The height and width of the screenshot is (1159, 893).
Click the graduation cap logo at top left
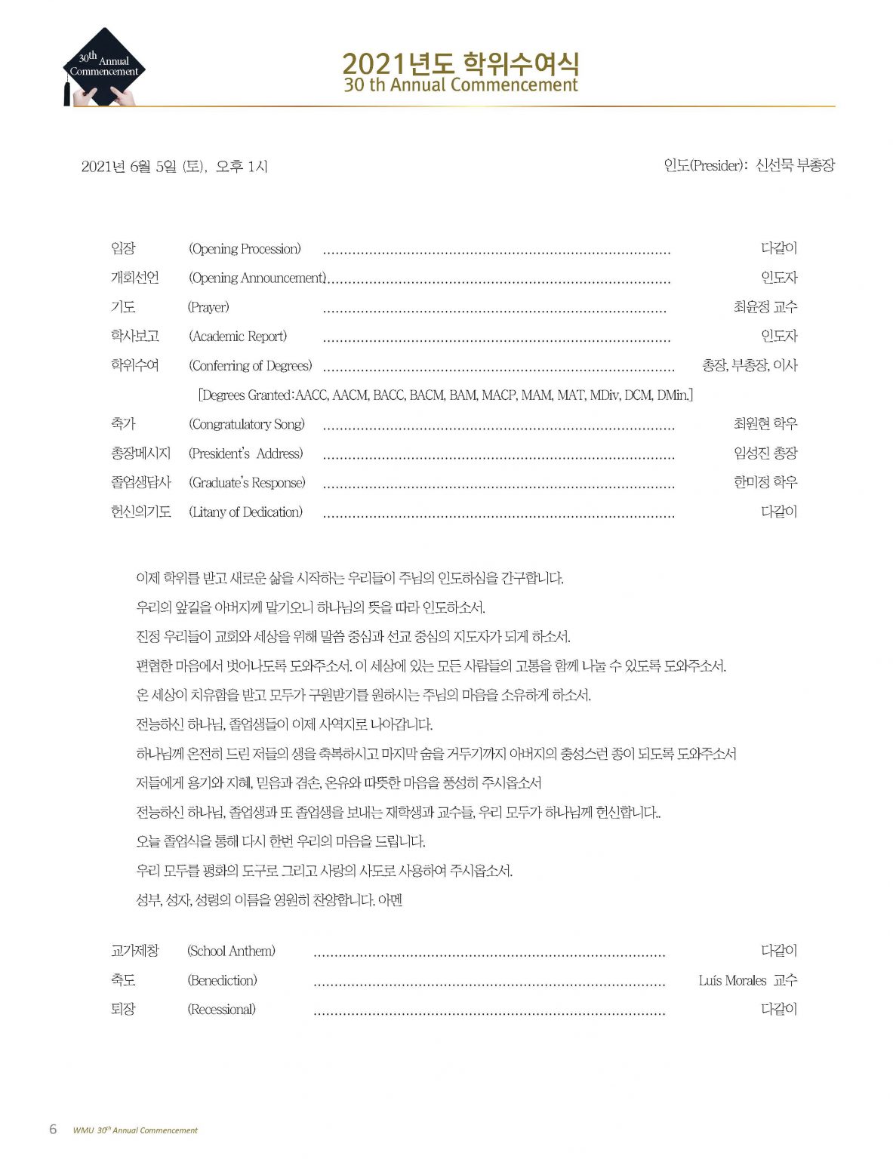(x=103, y=67)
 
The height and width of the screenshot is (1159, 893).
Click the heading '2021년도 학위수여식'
(x=460, y=63)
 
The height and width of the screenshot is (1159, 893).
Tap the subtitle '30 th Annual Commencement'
(x=460, y=85)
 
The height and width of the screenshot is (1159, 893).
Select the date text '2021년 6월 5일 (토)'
(x=143, y=166)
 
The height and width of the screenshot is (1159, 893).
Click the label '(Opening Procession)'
(x=245, y=249)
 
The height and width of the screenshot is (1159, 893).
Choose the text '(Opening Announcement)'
(x=257, y=278)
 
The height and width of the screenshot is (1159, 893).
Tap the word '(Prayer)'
(x=208, y=307)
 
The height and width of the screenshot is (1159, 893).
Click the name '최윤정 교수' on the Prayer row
(x=765, y=307)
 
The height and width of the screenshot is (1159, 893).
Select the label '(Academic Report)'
(x=238, y=337)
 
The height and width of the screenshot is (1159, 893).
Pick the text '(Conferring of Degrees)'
(x=250, y=366)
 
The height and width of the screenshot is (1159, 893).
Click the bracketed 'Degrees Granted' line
(x=445, y=395)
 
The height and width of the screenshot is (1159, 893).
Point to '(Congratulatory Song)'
(x=247, y=424)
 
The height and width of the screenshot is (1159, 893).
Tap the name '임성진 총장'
(x=765, y=453)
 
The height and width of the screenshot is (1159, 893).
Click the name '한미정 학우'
(x=765, y=482)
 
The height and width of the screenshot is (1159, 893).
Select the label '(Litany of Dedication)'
(x=245, y=512)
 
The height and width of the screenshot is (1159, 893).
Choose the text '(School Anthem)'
(x=231, y=951)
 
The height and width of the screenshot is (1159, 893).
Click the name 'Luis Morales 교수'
(x=747, y=980)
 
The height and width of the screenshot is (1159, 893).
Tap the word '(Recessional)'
(x=221, y=1010)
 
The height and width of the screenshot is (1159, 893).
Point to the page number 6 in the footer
(x=53, y=1129)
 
